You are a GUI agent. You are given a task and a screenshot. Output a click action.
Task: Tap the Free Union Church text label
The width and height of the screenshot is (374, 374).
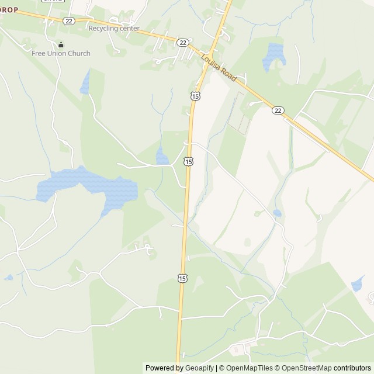click(x=61, y=54)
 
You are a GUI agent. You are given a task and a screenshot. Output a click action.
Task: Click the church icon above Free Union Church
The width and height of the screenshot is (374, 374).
click(x=61, y=45)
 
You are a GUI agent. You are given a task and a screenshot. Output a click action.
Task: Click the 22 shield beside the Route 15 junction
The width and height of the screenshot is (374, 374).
click(x=183, y=43)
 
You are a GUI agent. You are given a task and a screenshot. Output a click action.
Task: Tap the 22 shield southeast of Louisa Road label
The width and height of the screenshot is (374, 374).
click(x=278, y=110)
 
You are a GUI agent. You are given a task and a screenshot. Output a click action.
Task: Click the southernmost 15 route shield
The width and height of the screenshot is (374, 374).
click(x=183, y=278)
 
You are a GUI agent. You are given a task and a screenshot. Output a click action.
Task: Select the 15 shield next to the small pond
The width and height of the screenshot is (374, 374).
click(x=188, y=161)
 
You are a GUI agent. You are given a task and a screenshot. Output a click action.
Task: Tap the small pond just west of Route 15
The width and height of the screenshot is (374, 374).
click(x=162, y=156)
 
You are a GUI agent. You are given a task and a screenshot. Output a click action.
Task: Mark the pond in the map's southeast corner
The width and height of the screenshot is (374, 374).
click(x=357, y=285)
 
